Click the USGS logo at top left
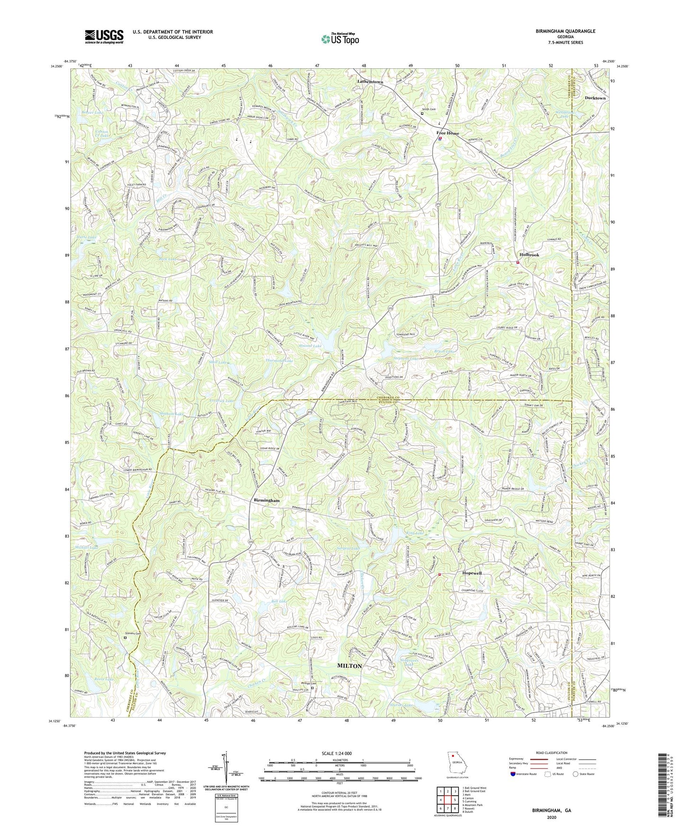[104, 36]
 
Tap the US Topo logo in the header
[339, 39]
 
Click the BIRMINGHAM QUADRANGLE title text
[565, 31]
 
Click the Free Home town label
[447, 133]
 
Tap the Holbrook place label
[529, 255]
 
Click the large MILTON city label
[349, 665]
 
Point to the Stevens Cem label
[133, 633]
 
